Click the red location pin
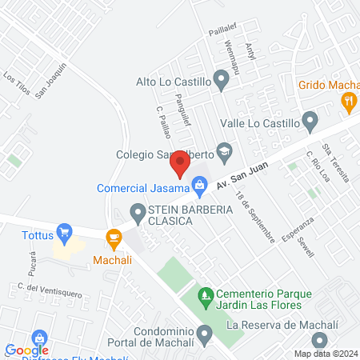click(179, 165)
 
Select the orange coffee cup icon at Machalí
click(114, 237)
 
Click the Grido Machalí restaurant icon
click(348, 101)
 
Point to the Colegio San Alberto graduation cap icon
click(226, 150)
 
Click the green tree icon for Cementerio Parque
click(206, 296)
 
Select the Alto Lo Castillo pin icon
click(222, 80)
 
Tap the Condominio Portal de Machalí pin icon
click(206, 332)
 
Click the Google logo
click(26, 350)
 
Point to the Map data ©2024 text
click(325, 354)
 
